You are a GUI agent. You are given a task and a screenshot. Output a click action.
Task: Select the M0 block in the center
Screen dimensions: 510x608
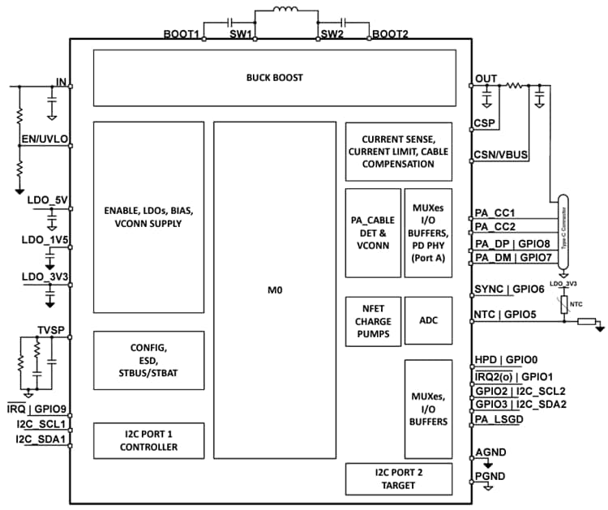tap(274, 289)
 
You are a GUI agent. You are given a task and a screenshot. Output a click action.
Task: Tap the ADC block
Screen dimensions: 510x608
tap(428, 320)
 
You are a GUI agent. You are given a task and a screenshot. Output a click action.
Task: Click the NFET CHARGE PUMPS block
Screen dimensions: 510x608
tap(372, 320)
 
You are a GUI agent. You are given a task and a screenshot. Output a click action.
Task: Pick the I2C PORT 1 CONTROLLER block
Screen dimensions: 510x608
tap(148, 441)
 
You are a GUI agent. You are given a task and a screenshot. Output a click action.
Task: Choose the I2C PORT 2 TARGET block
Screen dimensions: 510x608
tap(399, 479)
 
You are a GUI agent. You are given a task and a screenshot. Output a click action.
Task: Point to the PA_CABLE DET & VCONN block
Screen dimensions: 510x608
tap(373, 233)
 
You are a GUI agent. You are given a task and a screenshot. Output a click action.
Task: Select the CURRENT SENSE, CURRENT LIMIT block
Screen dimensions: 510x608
tap(399, 152)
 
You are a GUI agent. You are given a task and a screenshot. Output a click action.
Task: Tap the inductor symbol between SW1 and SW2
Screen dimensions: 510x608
tap(286, 13)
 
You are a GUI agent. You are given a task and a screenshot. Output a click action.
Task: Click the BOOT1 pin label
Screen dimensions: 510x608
tap(181, 34)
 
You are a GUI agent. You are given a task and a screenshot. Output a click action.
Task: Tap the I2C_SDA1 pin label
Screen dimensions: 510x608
tap(41, 439)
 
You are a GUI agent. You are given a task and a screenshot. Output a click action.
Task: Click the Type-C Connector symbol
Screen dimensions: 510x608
tap(563, 230)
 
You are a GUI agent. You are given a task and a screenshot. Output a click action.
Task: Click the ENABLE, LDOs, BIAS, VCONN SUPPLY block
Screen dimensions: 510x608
tap(148, 216)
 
